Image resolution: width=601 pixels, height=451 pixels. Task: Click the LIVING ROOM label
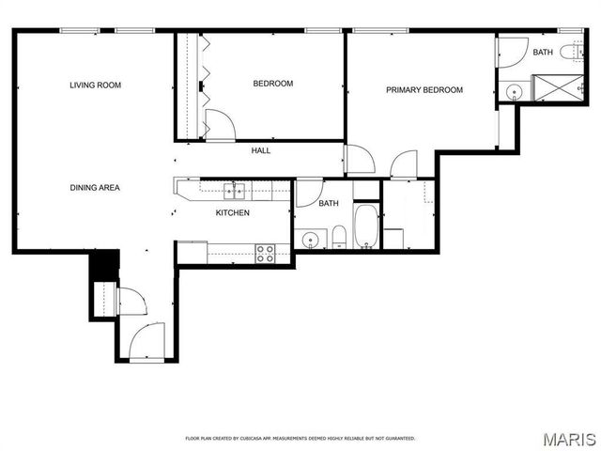click(95, 86)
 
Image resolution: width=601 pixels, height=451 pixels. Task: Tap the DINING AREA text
click(95, 188)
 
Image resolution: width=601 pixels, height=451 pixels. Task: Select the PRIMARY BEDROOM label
click(424, 90)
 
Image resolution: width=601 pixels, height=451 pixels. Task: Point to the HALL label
click(261, 150)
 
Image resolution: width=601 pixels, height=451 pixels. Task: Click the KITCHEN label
click(233, 213)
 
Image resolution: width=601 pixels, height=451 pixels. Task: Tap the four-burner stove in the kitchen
click(266, 253)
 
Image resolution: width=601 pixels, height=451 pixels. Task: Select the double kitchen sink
click(234, 192)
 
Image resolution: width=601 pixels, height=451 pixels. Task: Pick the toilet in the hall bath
click(338, 236)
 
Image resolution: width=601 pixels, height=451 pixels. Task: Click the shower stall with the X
click(560, 88)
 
